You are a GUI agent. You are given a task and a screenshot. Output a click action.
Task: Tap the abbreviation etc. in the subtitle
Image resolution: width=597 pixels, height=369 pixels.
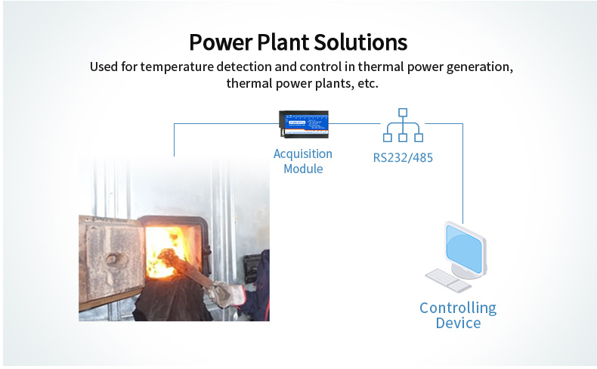366,84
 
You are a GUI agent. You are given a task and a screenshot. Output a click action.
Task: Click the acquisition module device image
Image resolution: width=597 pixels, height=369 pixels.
303,124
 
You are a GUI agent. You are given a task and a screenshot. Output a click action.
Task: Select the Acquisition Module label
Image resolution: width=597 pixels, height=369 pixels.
303,161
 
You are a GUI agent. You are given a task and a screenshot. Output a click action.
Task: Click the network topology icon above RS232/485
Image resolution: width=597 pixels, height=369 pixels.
403,126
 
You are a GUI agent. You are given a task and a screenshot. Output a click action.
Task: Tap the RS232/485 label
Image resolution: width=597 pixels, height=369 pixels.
403,158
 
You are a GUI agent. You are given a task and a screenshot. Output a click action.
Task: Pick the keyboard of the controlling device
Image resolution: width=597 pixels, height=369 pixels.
447,280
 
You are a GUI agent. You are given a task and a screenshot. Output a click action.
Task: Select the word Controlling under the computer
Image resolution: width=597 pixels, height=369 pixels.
458,308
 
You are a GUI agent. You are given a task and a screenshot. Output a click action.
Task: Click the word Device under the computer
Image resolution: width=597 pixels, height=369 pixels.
458,324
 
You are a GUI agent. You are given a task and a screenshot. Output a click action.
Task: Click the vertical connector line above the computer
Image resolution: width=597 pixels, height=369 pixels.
462,174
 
